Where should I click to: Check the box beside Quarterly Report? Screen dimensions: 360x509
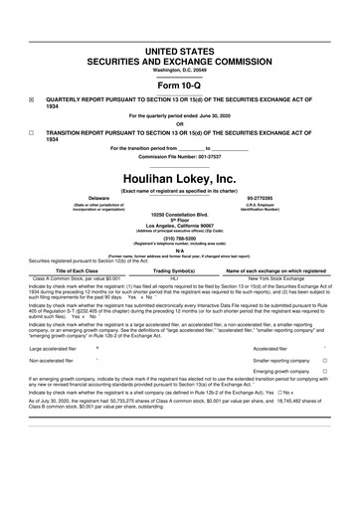point(31,99)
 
